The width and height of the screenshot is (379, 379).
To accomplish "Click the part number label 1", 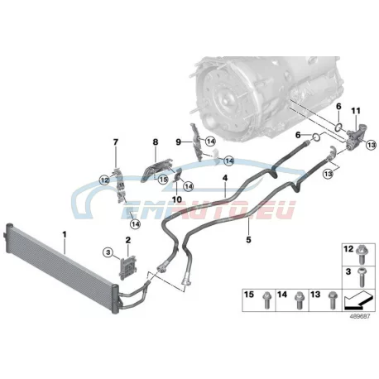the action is coord(65,235).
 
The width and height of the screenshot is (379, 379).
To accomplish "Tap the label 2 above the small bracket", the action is coord(128,240).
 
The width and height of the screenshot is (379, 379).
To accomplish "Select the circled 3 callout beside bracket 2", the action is coord(108,252).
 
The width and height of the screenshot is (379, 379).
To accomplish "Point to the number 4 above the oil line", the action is coord(225,178).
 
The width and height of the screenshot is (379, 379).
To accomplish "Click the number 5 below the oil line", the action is coord(248,240).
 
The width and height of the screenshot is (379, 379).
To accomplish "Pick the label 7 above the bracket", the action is coord(116,142).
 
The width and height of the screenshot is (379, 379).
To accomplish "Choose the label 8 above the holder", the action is coord(156,142).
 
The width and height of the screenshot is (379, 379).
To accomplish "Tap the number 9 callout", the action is coord(179,142).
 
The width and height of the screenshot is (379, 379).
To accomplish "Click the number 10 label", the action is coord(177,199).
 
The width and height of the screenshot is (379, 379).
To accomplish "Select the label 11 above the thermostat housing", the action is coord(356,111).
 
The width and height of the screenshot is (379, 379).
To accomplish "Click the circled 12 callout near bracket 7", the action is coord(104,180).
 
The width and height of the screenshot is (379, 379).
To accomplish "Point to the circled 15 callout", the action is coord(163,180).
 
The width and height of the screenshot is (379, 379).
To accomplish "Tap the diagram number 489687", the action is coord(360,317).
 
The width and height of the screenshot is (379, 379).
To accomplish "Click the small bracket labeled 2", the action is coord(127,266).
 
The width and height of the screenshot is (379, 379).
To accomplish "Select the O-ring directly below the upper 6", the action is coord(339,127).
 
